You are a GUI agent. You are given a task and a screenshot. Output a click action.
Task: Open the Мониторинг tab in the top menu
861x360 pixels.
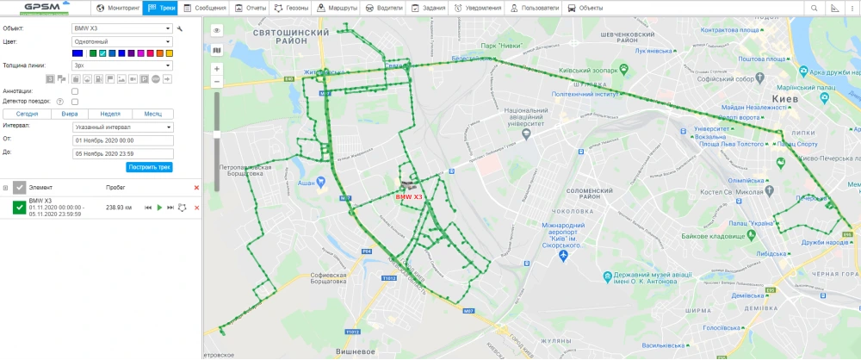pos(118,8)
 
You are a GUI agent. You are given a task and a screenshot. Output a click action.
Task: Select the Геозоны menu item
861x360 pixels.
pos(293,8)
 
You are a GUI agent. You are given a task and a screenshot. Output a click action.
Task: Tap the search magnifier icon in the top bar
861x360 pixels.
pos(814,8)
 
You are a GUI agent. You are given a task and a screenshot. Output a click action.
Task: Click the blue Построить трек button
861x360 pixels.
pos(150,166)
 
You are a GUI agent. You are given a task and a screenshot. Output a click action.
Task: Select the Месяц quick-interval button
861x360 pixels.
pos(153,113)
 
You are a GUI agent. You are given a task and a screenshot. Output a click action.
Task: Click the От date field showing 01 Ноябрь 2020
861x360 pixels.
pos(123,140)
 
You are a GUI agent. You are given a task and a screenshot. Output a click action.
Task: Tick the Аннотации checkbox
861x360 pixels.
pos(75,90)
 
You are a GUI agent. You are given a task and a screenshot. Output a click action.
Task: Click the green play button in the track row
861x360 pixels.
pos(159,208)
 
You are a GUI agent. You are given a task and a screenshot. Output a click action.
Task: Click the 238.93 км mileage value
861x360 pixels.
pos(118,208)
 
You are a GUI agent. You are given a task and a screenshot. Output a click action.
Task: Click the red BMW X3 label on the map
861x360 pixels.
pos(408,197)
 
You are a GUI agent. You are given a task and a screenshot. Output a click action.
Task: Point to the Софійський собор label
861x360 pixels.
pos(734,79)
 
